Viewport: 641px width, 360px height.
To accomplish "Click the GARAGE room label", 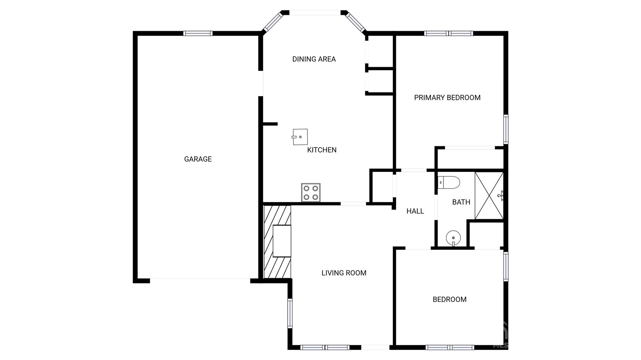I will (x=198, y=159).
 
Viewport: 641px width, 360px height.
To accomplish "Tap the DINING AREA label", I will (x=314, y=59).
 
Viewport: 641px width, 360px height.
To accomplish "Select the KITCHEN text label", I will (x=322, y=150).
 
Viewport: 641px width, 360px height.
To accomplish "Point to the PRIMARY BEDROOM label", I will (x=447, y=98).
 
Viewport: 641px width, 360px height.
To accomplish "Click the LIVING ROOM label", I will (x=344, y=273).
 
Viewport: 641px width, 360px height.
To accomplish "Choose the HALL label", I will (x=415, y=211).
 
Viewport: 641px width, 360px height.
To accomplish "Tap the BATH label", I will (x=461, y=202).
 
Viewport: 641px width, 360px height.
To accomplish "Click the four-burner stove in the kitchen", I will (x=310, y=192).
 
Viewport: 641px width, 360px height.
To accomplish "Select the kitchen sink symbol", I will (x=300, y=137).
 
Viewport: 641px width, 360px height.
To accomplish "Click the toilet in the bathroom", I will (x=449, y=182).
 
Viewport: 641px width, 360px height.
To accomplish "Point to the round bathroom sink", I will (x=453, y=238).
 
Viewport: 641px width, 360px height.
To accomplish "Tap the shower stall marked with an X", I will (x=489, y=195).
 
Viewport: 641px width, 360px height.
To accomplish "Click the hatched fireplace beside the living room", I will (x=277, y=241).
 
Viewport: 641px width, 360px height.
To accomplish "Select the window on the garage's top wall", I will (x=198, y=33).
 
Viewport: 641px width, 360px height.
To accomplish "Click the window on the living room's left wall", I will (x=290, y=313).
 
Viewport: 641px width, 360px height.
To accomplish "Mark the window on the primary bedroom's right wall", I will (x=505, y=129).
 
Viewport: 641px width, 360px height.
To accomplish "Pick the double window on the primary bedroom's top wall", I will (x=449, y=33).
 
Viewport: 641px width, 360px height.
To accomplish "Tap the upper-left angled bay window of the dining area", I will (x=273, y=22).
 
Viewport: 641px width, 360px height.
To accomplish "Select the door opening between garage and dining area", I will (x=260, y=84).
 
